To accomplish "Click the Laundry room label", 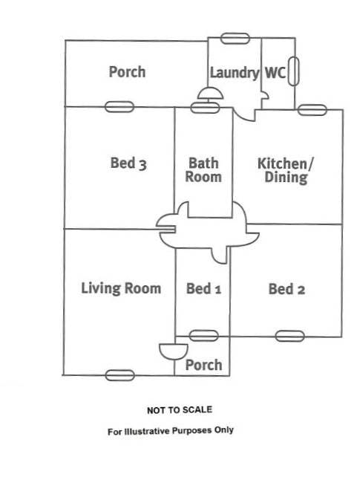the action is [235, 74].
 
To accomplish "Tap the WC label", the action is [275, 73].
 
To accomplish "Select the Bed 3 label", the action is [128, 163].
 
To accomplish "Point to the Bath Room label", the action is [203, 170].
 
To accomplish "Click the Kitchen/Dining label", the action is [285, 171].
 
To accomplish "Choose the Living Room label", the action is [121, 288].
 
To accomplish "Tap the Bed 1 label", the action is [203, 289].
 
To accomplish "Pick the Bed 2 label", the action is [287, 289].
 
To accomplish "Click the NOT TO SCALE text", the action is [180, 410].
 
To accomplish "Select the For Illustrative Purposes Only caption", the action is [171, 431].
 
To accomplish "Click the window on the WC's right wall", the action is [293, 71].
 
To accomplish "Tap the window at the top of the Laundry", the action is [235, 39].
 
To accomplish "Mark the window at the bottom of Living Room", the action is [120, 375].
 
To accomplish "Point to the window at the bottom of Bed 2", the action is [289, 336].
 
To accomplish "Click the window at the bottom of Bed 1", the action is [203, 336].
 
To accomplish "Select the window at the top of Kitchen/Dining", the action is [312, 110].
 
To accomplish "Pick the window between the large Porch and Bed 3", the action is [120, 107].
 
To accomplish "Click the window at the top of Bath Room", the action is [205, 108].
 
